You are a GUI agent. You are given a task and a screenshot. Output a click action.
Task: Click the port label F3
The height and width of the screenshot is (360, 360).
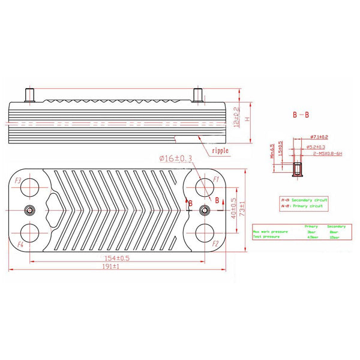pos(18,181)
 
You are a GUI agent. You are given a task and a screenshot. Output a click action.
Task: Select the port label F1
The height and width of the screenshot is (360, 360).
pos(209,180)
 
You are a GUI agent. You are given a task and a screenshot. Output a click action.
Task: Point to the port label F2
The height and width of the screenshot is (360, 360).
pos(214,244)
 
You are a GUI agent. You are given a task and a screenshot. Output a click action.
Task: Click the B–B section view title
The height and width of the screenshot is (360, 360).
pos(301,114)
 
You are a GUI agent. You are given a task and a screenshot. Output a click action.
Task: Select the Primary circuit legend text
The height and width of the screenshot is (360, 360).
pos(306,206)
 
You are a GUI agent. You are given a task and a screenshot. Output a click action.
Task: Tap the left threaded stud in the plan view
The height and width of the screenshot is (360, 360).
pos(31,210)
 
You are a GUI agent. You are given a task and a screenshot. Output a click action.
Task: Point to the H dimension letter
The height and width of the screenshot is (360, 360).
pos(247,119)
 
